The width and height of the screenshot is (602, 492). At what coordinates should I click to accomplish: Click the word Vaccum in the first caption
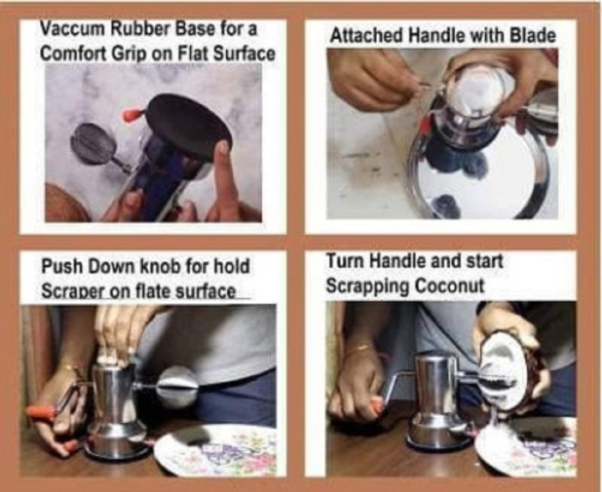[x=73, y=28]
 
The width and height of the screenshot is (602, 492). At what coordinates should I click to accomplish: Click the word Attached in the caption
[x=367, y=36]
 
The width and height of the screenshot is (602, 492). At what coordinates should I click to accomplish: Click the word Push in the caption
[x=62, y=266]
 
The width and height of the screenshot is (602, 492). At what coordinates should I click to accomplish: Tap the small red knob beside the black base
[x=132, y=114]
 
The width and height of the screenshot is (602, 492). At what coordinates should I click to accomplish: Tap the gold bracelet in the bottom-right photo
[x=362, y=347]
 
